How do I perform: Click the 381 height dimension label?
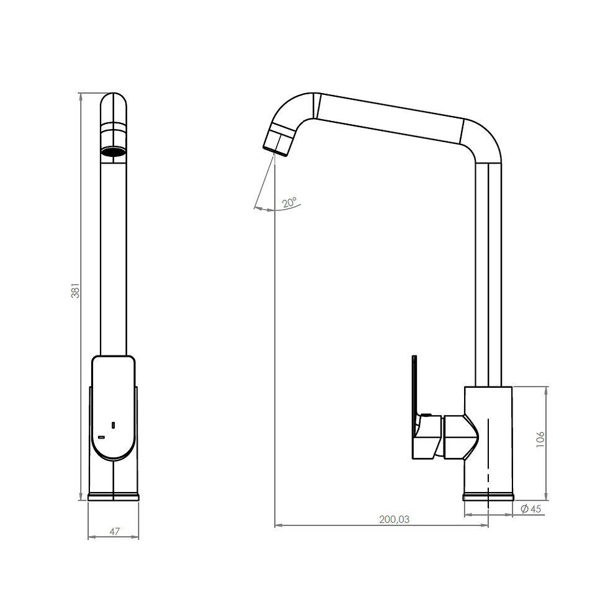click(x=76, y=290)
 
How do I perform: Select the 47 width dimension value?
click(x=114, y=531)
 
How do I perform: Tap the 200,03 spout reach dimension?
click(x=394, y=519)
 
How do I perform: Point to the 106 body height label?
click(x=540, y=439)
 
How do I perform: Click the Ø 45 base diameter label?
click(x=531, y=508)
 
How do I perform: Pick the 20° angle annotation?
click(x=289, y=202)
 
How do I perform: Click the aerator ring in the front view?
click(x=113, y=150)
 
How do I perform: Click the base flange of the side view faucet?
click(x=488, y=497)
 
